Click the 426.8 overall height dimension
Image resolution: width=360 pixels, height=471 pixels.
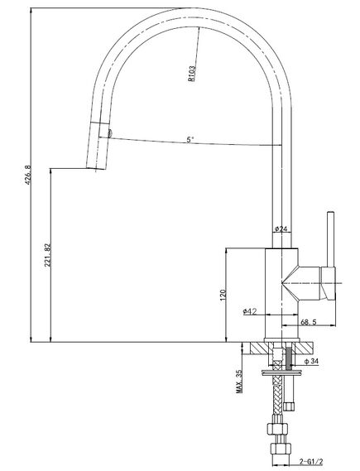point(27,175)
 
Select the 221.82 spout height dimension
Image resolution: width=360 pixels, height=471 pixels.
point(47,255)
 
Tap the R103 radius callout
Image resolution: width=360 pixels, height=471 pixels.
point(191,74)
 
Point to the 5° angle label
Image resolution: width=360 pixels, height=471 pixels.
point(190,140)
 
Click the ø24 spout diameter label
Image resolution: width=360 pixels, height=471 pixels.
point(281,229)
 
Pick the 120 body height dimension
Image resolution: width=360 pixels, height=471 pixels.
point(223,295)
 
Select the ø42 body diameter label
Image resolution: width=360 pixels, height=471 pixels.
point(250,311)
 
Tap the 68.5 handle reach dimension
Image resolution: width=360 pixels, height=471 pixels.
point(309,322)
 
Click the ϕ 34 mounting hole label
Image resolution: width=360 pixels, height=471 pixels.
point(311,361)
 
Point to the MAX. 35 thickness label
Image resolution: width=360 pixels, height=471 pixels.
point(239,381)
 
